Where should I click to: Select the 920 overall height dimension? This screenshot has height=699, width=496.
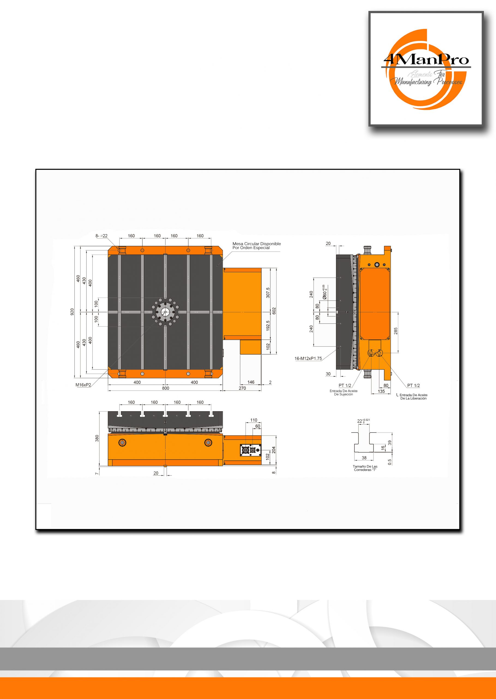pyautogui.click(x=72, y=312)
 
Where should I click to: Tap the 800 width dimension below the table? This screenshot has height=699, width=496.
pyautogui.click(x=166, y=388)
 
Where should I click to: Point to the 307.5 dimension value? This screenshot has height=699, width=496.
pyautogui.click(x=268, y=293)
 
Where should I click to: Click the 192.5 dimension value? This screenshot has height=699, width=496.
pyautogui.click(x=268, y=326)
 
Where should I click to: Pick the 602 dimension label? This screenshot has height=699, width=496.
pyautogui.click(x=274, y=311)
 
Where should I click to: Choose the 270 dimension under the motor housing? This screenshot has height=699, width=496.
pyautogui.click(x=242, y=388)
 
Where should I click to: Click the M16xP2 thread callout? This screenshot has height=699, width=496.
pyautogui.click(x=83, y=385)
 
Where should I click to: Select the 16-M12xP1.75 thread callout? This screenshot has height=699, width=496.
pyautogui.click(x=308, y=358)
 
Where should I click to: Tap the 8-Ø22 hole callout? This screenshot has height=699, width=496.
pyautogui.click(x=101, y=236)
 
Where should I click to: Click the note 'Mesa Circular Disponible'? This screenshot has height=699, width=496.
pyautogui.click(x=257, y=244)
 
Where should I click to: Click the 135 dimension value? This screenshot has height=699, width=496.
pyautogui.click(x=381, y=391)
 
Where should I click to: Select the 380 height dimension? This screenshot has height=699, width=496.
pyautogui.click(x=97, y=438)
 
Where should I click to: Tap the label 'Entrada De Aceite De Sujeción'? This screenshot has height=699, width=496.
pyautogui.click(x=344, y=393)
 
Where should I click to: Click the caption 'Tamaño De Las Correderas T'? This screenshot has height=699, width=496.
pyautogui.click(x=365, y=468)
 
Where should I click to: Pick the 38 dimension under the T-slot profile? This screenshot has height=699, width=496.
pyautogui.click(x=364, y=458)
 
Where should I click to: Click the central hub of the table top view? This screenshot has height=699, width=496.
pyautogui.click(x=165, y=312)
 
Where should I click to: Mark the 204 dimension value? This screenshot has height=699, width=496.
pyautogui.click(x=274, y=450)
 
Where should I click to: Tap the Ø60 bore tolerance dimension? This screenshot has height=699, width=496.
pyautogui.click(x=325, y=292)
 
